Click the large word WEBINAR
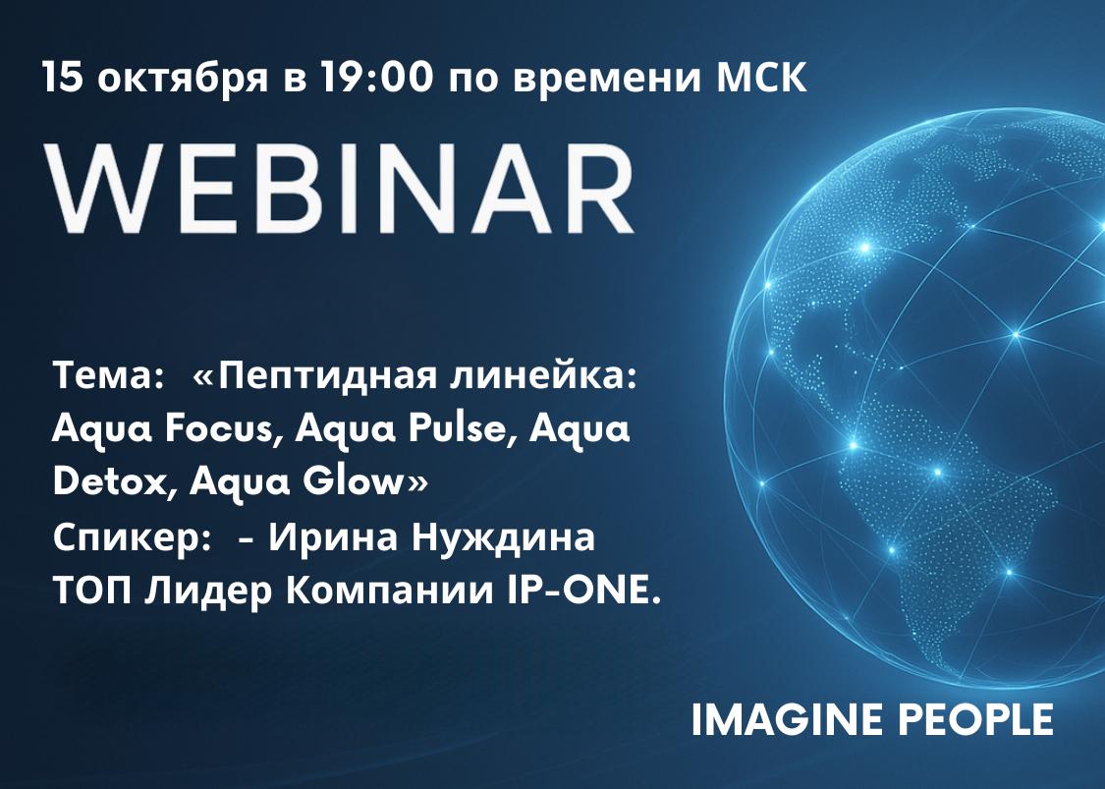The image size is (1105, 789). coord(340,189)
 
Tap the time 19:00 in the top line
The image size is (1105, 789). coord(376,77)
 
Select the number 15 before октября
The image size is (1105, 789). coord(62,77)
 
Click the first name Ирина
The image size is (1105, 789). coord(333,537)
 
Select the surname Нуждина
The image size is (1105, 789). coord(503,539)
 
